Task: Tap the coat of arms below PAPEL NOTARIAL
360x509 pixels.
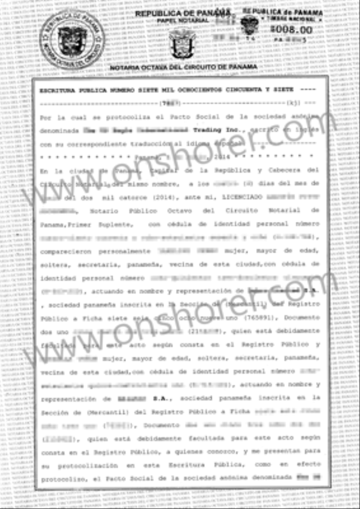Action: coord(182,43)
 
